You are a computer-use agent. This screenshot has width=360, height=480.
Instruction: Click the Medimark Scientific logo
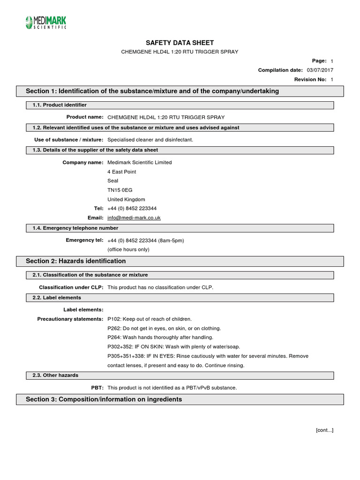click(x=45, y=22)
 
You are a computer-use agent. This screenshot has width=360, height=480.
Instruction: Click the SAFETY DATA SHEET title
click(x=180, y=43)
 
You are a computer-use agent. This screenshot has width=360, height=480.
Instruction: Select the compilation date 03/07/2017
click(x=320, y=70)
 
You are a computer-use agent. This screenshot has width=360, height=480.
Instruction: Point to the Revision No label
click(x=310, y=79)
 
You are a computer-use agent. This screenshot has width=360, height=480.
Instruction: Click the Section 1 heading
click(x=152, y=91)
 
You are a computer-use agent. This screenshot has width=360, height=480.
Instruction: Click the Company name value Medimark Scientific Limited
click(x=140, y=162)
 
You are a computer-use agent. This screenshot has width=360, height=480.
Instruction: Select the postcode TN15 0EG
click(x=120, y=190)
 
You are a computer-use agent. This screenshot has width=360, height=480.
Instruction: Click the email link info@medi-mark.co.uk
click(x=134, y=217)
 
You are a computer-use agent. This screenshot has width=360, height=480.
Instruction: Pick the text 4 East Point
click(x=122, y=172)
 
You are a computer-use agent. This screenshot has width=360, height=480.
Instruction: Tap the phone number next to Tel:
click(x=132, y=208)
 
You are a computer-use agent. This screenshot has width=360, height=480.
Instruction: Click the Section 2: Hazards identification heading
click(x=76, y=261)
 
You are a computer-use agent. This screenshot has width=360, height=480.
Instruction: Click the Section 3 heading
click(x=104, y=399)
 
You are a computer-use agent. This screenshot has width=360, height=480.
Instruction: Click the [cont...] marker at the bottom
click(x=325, y=430)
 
